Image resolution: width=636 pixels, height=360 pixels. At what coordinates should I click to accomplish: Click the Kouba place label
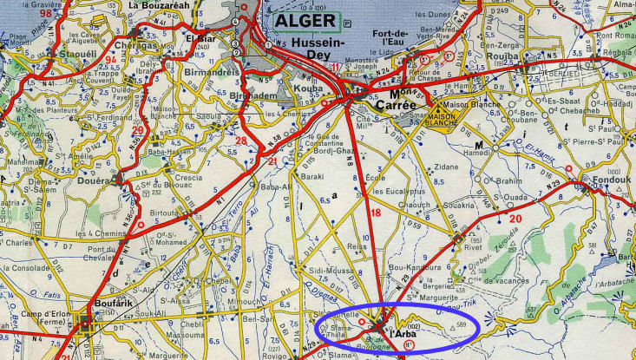311,89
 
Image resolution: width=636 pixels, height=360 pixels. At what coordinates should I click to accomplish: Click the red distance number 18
375,213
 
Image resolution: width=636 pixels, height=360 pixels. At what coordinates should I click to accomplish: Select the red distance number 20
515,219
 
